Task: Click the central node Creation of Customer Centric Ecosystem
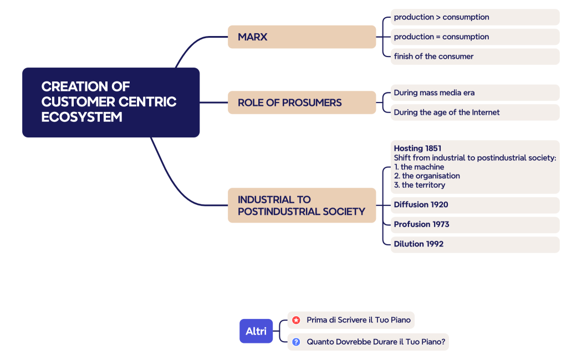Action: [x=110, y=102]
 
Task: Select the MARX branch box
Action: [x=302, y=37]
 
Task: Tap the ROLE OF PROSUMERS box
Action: [x=302, y=102]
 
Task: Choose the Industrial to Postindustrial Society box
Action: [x=302, y=205]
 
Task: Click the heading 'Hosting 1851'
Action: [x=417, y=148]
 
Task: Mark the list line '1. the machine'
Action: [x=418, y=167]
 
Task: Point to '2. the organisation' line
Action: [x=427, y=176]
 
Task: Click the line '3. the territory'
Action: [x=419, y=185]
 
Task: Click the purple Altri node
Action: [x=256, y=331]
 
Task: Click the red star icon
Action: [x=296, y=320]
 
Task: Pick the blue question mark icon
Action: [x=296, y=342]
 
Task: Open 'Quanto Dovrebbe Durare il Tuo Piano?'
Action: [x=376, y=342]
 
